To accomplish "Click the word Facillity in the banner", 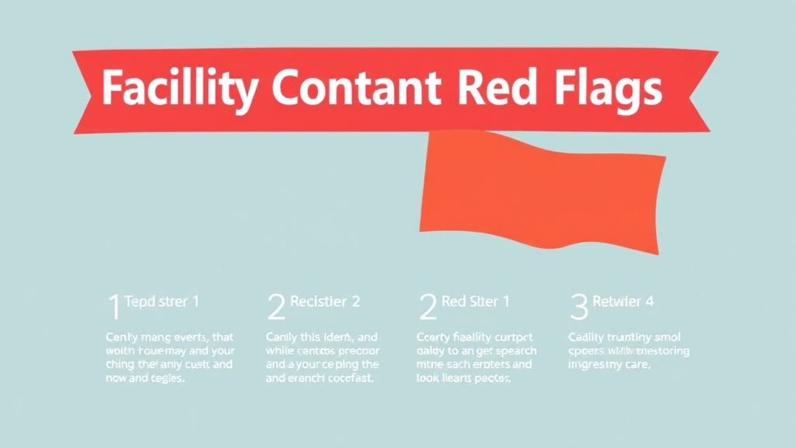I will pyautogui.click(x=178, y=90).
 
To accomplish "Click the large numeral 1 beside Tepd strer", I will pyautogui.click(x=113, y=307).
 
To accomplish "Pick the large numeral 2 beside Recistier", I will pyautogui.click(x=275, y=307).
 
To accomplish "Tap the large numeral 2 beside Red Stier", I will pyautogui.click(x=428, y=307).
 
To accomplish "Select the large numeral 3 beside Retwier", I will pyautogui.click(x=579, y=307).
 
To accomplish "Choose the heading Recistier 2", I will pyautogui.click(x=324, y=302).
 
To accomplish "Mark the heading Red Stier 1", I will pyautogui.click(x=476, y=302).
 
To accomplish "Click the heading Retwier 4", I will pyautogui.click(x=623, y=302).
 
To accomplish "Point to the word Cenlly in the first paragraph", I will pyautogui.click(x=122, y=338).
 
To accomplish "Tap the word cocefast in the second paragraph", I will pyautogui.click(x=347, y=379).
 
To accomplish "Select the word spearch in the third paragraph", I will pyautogui.click(x=510, y=351).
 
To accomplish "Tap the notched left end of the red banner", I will pyautogui.click(x=86, y=90).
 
